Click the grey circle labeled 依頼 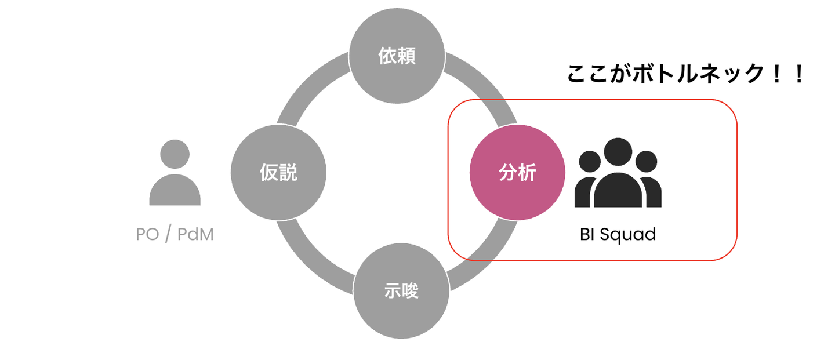tap(397, 56)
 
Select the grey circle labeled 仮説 tap(279, 172)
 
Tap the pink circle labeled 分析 tap(517, 172)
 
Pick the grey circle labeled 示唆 tap(401, 290)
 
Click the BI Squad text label tap(618, 235)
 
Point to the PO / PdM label tap(175, 235)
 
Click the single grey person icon tap(175, 174)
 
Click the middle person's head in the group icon tap(618, 151)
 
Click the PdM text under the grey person tap(195, 235)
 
